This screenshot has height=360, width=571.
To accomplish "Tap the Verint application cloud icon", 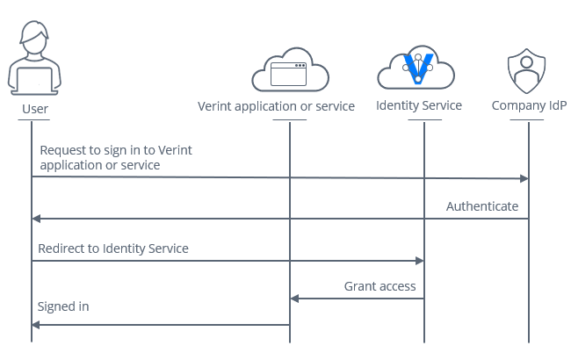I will point(289,70).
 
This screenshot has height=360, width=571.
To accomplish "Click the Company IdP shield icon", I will point(527,71).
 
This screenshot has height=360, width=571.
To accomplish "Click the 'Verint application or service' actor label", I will point(276,106).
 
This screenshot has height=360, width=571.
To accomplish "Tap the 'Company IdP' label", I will point(529,106).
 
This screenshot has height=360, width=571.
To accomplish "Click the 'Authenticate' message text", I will point(481,206).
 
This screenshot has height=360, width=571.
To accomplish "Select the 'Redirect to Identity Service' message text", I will point(112,248).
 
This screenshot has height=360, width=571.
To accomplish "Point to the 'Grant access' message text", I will point(379,286).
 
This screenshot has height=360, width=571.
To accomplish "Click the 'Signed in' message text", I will point(63,306).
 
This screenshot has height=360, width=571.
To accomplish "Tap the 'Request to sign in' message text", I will point(115,157).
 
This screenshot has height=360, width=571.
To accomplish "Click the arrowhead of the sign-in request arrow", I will point(524,179).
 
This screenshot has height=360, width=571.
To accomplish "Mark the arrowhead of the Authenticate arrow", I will point(36,219).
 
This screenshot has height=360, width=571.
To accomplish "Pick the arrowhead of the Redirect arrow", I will point(420,261).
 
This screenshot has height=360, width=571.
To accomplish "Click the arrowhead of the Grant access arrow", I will point(295,299).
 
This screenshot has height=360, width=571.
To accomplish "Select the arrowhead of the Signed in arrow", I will point(36,325).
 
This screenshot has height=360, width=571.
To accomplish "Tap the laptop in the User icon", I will point(34,79).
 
